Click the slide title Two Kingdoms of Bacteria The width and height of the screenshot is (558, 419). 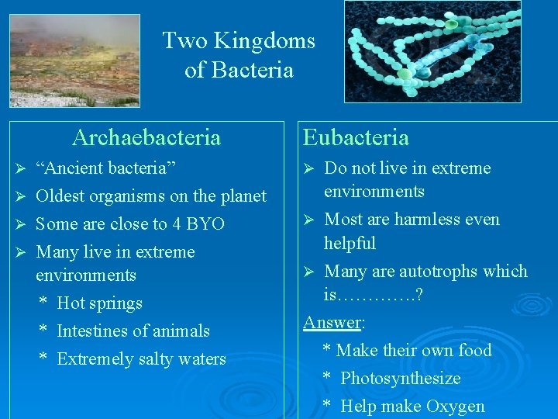[239, 55]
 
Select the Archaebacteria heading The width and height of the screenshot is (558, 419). [146, 137]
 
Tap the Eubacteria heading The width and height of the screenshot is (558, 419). [356, 137]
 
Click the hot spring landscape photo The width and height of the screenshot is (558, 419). [74, 61]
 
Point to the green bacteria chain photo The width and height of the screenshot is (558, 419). [432, 51]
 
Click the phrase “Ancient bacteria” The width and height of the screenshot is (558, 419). [106, 168]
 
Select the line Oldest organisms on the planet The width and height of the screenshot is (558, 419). [151, 196]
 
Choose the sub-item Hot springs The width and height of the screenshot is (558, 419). [99, 303]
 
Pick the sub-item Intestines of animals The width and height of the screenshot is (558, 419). [133, 331]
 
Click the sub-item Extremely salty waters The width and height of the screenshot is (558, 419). [141, 358]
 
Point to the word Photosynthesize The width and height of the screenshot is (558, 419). [400, 378]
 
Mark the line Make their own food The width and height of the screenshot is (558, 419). [414, 350]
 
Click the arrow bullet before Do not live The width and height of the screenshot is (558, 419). [308, 168]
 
